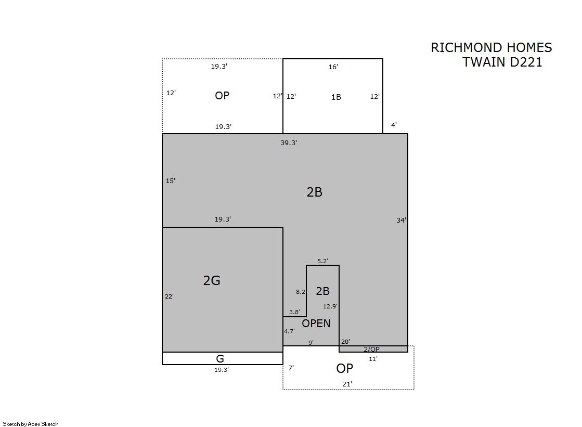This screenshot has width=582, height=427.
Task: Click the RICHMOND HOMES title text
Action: (491, 47)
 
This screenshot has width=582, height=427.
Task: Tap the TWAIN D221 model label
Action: (502, 62)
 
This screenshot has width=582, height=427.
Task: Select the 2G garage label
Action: (212, 280)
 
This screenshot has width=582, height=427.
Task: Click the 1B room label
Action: (336, 97)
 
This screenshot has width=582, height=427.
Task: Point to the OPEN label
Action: (316, 324)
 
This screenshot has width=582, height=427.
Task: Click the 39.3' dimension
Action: (289, 143)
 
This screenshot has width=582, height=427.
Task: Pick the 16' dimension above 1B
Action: (333, 67)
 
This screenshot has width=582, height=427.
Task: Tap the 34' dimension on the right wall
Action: (401, 220)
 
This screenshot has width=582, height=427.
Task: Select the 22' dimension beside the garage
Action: (169, 296)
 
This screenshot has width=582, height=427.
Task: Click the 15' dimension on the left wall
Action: (171, 181)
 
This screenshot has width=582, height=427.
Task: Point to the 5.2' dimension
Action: (322, 261)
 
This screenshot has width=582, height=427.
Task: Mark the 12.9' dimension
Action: (330, 306)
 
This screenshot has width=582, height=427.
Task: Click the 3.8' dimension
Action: (294, 312)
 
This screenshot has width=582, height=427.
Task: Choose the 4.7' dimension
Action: (290, 331)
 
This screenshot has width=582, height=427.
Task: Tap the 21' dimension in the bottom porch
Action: (347, 384)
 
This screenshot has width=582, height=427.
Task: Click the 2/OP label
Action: (371, 349)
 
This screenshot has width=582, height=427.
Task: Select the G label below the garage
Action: (219, 359)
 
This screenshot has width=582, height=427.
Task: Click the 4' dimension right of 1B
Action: (394, 125)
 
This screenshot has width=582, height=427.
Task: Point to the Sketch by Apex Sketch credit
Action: (31, 424)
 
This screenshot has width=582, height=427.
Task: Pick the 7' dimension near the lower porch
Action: (291, 368)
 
